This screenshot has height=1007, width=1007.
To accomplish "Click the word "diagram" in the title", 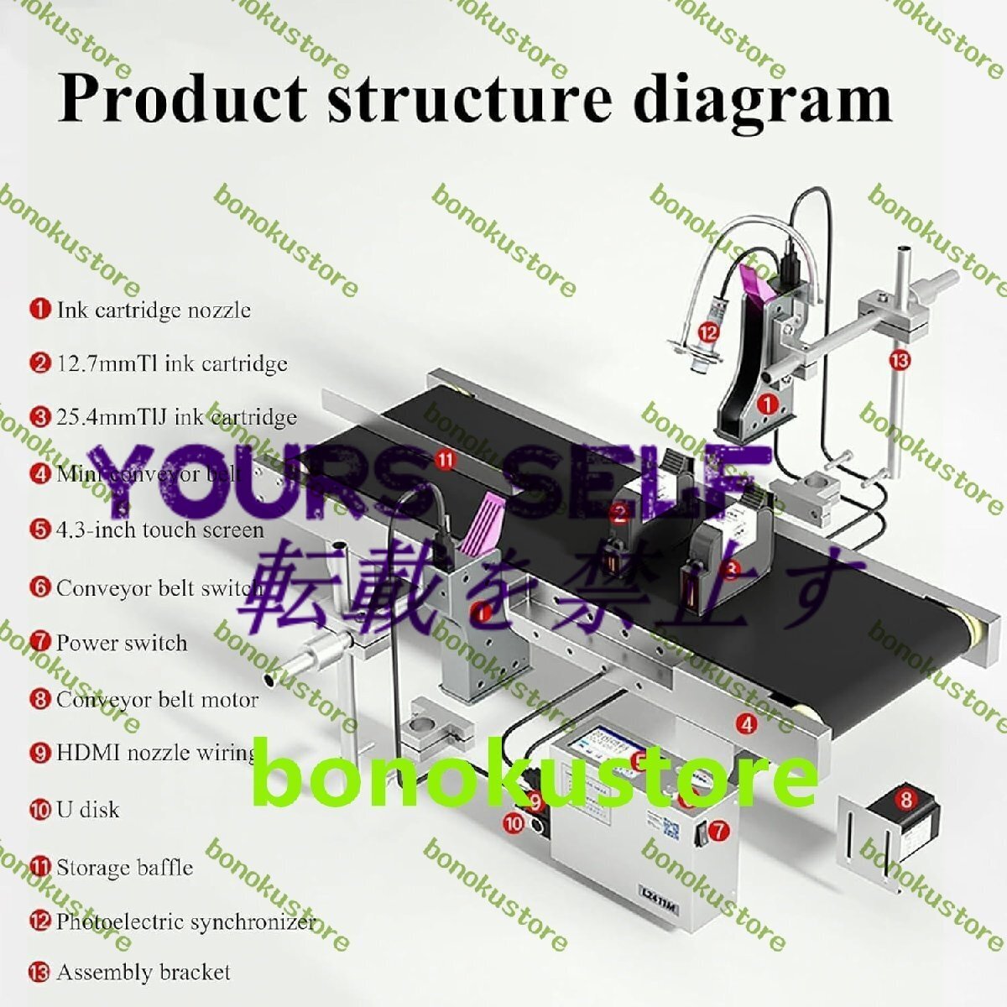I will click(x=761, y=98).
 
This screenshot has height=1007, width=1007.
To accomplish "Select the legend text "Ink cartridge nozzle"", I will click(x=154, y=310).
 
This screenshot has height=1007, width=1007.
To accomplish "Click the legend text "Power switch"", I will click(x=122, y=643).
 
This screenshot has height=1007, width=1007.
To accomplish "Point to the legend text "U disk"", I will click(x=88, y=810).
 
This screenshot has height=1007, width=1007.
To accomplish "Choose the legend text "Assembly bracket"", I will click(x=143, y=973).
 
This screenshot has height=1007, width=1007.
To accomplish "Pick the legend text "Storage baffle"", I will click(x=124, y=867).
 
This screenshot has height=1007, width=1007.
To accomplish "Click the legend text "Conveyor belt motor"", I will click(x=157, y=699).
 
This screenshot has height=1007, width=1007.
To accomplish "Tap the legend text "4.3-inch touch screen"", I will click(x=159, y=530).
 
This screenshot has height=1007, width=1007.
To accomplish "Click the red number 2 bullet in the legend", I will click(x=40, y=363).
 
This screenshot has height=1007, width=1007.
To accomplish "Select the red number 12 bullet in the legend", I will click(x=40, y=921).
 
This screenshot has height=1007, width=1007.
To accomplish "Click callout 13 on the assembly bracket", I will click(x=899, y=361).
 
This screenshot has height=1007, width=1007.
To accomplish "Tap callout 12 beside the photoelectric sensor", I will click(x=709, y=332).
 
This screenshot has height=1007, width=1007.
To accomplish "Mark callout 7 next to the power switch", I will click(x=719, y=831).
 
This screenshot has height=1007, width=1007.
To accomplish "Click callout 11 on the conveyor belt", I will click(x=446, y=459).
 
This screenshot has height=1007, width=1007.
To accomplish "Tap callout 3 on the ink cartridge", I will click(x=732, y=569).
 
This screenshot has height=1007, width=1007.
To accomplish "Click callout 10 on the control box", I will click(x=514, y=823).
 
